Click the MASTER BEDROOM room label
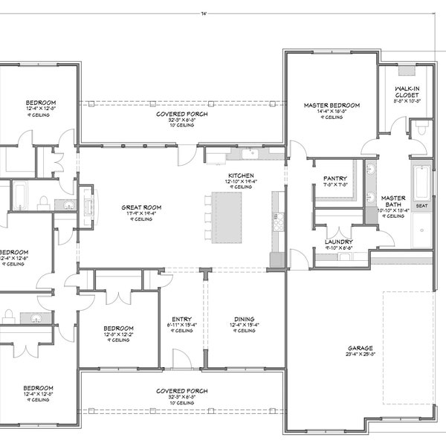(x=332, y=106)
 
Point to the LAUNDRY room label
(x=338, y=242)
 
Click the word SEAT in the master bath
(x=421, y=205)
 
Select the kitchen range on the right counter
(x=278, y=221)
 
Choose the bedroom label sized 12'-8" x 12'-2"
(x=119, y=329)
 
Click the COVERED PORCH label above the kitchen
(x=181, y=114)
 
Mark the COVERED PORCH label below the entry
(x=181, y=390)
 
